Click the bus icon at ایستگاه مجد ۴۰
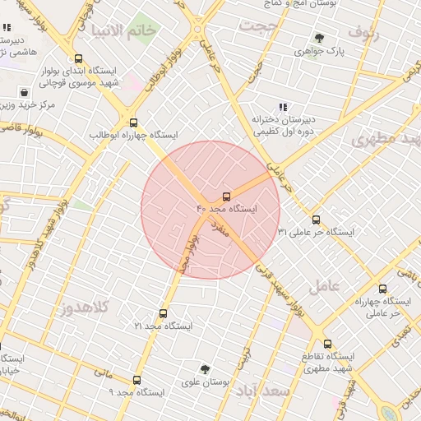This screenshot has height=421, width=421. tap(226, 197)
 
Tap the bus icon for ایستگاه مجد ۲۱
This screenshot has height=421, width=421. tap(163, 313)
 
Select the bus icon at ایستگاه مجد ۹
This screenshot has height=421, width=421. tap(137, 380)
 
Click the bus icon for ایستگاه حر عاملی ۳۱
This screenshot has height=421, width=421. tap(317, 220)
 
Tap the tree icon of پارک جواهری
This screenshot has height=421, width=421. tap(319, 38)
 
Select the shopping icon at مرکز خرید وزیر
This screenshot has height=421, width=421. tap(25, 92)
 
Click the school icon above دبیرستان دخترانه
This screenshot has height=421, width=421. tap(284, 106)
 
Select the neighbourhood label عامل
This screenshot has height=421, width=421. tap(325, 286)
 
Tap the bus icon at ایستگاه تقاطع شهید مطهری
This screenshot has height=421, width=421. tap(327, 344)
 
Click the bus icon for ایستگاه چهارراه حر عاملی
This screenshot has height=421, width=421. tap(383, 289)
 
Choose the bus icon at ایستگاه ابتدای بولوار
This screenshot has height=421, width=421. tap(78, 58)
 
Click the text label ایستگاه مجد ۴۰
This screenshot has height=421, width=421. tap(226, 210)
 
